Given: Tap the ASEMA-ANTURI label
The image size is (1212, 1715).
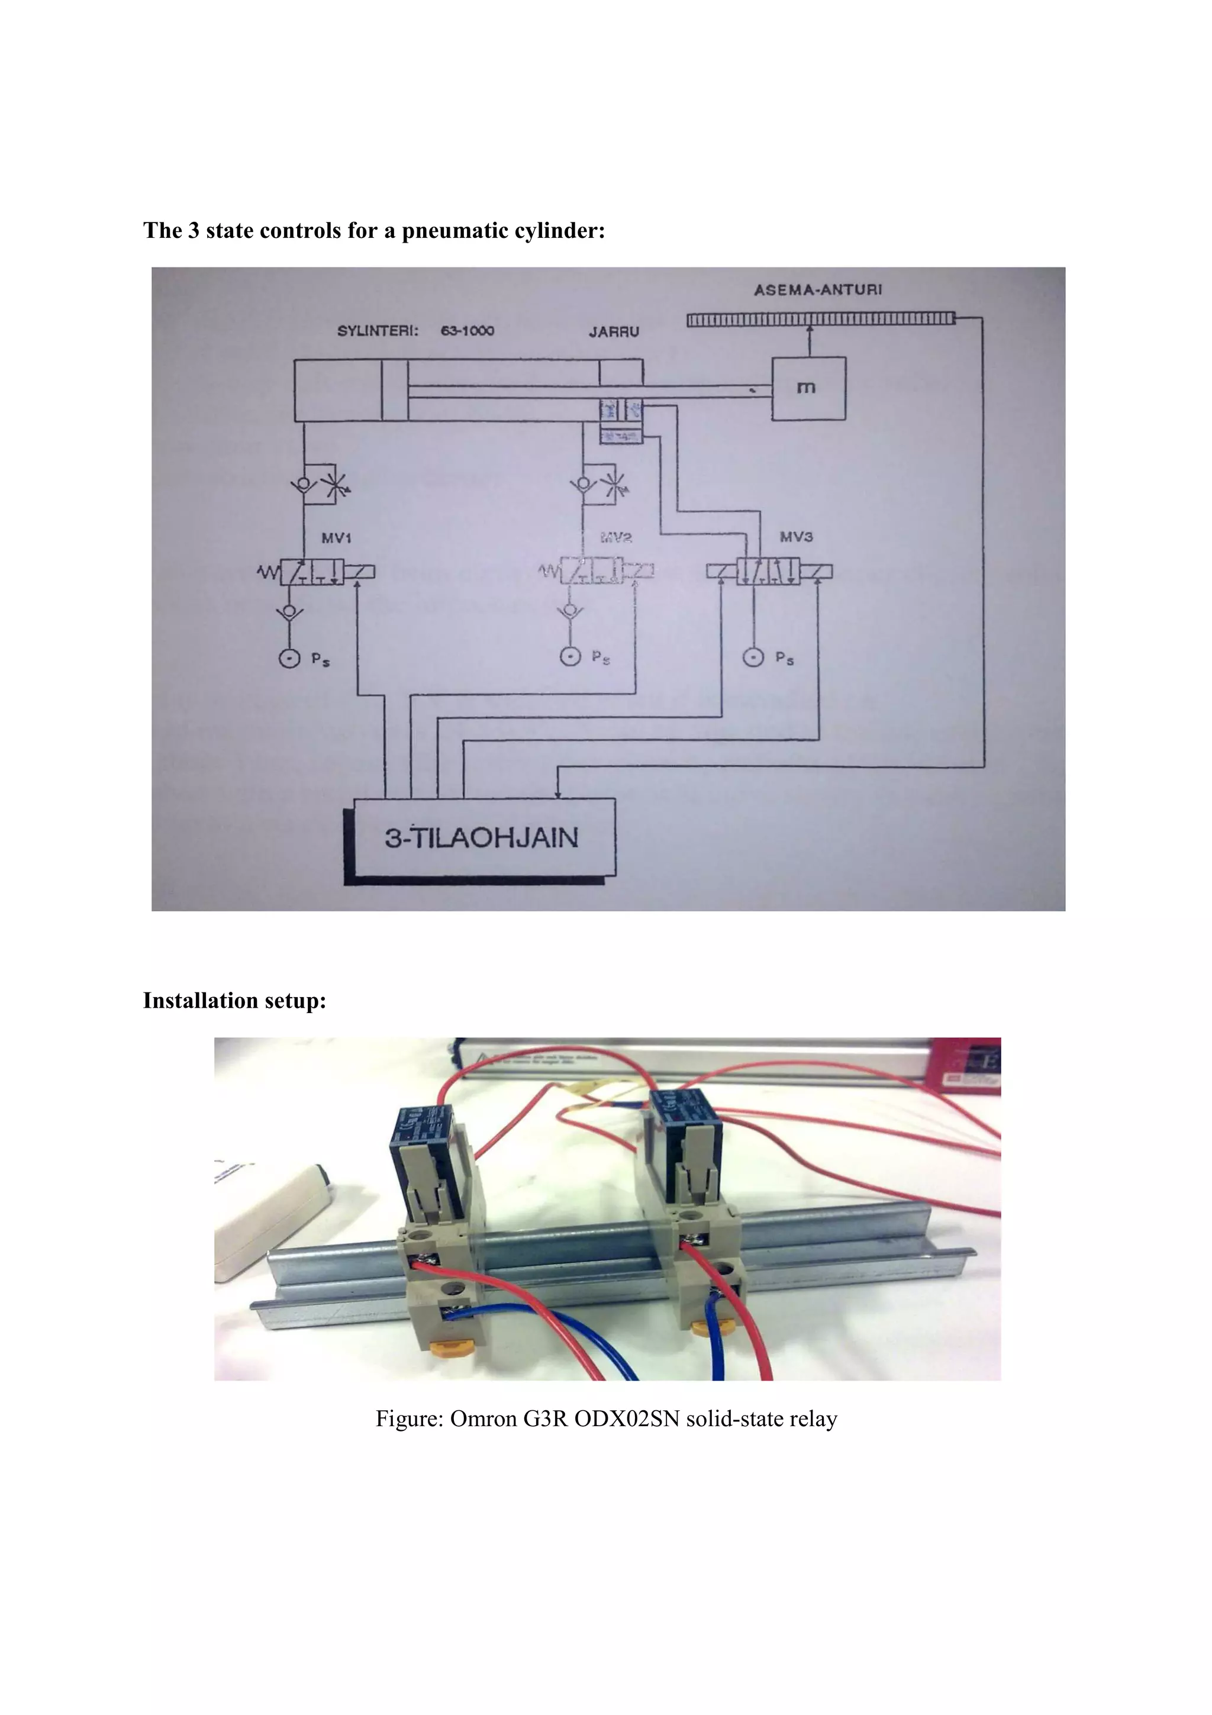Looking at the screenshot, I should point(818,290).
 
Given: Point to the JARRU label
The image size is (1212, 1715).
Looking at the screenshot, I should point(614,331).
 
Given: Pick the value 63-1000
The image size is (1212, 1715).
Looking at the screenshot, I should point(468,331).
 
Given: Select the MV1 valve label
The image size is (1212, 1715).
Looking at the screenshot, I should point(336,538).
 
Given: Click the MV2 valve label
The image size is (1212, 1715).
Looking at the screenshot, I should point(616,537).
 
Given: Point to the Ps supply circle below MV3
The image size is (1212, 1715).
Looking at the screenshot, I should point(753,657).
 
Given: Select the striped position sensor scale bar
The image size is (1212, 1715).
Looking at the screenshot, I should point(821,320).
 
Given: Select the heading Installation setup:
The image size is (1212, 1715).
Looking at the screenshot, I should point(234,1000).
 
